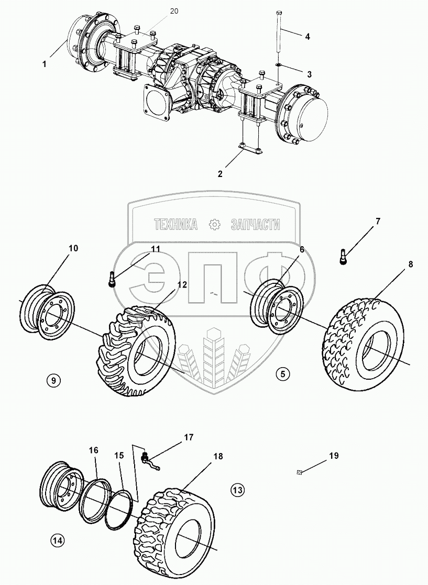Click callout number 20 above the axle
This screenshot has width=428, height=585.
tap(174, 11)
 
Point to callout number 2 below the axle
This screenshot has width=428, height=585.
tap(220, 174)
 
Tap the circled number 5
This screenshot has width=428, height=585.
tap(282, 374)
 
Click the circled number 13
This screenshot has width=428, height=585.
tap(237, 490)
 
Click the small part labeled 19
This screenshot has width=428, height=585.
tap(300, 472)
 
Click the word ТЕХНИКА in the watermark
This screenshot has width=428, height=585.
tap(175, 225)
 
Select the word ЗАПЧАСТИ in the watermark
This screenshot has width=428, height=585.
tap(255, 225)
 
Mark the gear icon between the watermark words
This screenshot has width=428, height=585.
tap(214, 225)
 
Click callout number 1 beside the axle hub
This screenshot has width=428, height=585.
tap(45, 64)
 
